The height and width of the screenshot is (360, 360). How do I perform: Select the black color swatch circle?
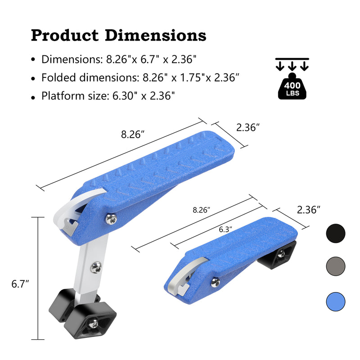335,233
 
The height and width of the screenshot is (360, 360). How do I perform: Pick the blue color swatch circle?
335,301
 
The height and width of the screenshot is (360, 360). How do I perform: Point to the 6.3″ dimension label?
225,229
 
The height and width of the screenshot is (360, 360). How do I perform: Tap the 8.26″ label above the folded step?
201,210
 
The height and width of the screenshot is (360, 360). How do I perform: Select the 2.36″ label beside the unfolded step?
248,127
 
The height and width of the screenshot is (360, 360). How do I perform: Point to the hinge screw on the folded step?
215,282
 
